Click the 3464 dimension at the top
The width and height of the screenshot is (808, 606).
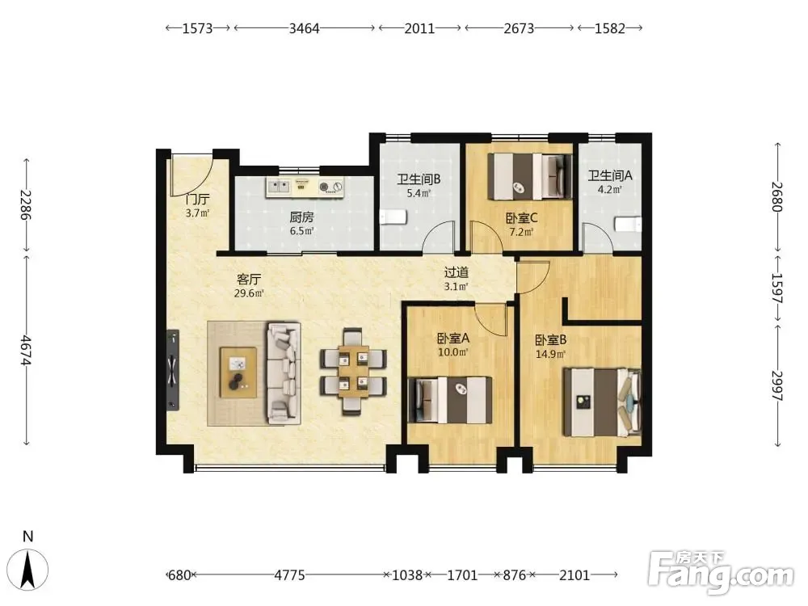coord(304,28)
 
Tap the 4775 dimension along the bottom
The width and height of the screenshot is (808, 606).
coord(289,574)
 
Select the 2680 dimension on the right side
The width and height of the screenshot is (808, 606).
coord(777,196)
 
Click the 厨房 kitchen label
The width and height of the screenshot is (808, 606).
coord(301,217)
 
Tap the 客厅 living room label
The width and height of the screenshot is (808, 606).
coord(249,280)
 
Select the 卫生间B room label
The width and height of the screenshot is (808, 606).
coord(419,179)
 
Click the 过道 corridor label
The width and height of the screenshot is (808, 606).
coord(457,272)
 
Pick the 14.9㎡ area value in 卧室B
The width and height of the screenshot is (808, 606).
coord(550,354)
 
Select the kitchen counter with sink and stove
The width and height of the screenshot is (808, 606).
coord(305,187)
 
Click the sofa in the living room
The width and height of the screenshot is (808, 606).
coord(284,373)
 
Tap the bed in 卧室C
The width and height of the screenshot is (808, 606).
coord(530,176)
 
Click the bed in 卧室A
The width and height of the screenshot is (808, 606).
coord(449,400)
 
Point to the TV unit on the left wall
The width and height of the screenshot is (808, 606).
coord(173,370)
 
